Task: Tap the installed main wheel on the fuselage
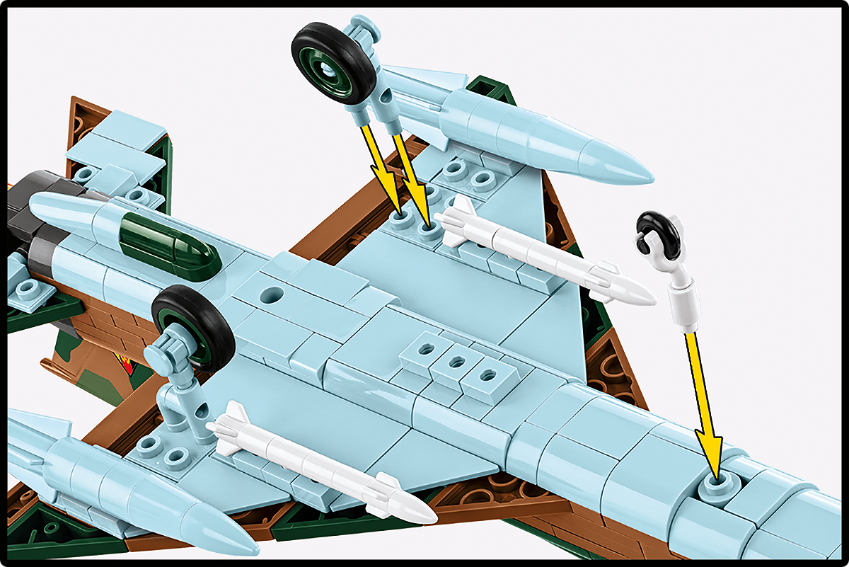192,327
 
